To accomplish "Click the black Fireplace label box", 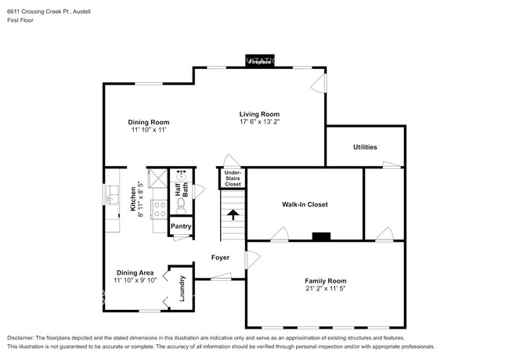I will tap(261, 62).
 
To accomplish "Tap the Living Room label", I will tap(259, 114).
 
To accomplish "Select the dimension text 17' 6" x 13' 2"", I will tap(259, 122).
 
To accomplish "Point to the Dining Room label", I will tap(149, 122).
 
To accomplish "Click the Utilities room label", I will tap(365, 146).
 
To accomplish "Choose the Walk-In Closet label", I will tap(305, 204).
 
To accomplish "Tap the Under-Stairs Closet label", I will tap(233, 178).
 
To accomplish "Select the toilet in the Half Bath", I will tap(181, 204).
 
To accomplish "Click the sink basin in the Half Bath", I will tap(181, 175).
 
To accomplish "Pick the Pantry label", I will tap(182, 226).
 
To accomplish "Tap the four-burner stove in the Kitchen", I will tap(159, 207).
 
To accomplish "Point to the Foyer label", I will tap(220, 257).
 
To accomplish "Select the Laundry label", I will tap(182, 289).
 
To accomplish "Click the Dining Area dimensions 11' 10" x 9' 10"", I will tap(135, 280).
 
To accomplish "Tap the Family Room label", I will tap(325, 280).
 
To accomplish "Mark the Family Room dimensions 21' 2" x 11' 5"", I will tap(325, 289).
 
